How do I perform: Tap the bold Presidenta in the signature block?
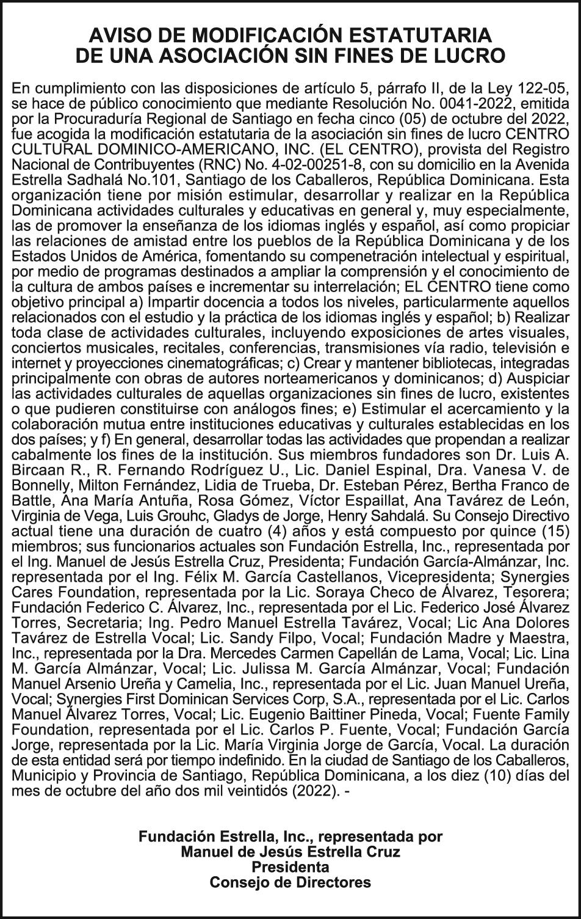(x=290, y=867)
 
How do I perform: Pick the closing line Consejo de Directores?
(x=290, y=882)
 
